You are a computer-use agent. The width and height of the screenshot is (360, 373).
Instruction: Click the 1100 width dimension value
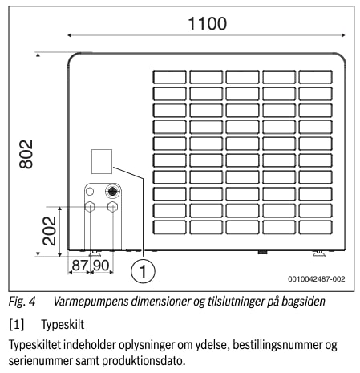point(208,23)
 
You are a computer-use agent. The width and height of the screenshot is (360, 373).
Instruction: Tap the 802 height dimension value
point(26,154)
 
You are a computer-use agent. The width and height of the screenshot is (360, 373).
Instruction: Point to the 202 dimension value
point(50,231)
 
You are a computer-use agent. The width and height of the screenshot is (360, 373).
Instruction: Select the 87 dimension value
point(79,266)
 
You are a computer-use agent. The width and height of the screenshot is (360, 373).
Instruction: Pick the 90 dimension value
point(101,266)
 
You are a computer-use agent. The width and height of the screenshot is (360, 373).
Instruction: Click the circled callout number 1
point(143,271)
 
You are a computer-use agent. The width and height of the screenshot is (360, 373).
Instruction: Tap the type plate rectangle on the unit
point(102,161)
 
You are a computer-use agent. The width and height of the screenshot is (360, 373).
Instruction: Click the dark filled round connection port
point(112,191)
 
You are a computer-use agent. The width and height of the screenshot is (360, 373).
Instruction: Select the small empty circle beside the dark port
point(90,192)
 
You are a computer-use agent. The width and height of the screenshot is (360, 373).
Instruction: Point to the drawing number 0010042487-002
point(317,279)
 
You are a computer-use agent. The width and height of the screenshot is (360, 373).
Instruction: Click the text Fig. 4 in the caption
point(22,302)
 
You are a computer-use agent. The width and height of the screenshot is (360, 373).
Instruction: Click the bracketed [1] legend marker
point(17,325)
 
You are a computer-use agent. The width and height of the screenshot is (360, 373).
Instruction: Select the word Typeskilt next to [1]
point(63,325)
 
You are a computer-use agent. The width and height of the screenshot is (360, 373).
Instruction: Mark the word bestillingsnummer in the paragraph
point(277,345)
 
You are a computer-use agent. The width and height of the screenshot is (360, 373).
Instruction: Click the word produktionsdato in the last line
point(144,361)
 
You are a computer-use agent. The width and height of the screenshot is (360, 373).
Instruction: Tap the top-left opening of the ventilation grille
point(170,77)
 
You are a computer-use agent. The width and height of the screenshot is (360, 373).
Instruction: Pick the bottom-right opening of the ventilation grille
point(316,228)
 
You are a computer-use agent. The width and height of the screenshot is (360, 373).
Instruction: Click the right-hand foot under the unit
point(319,254)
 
